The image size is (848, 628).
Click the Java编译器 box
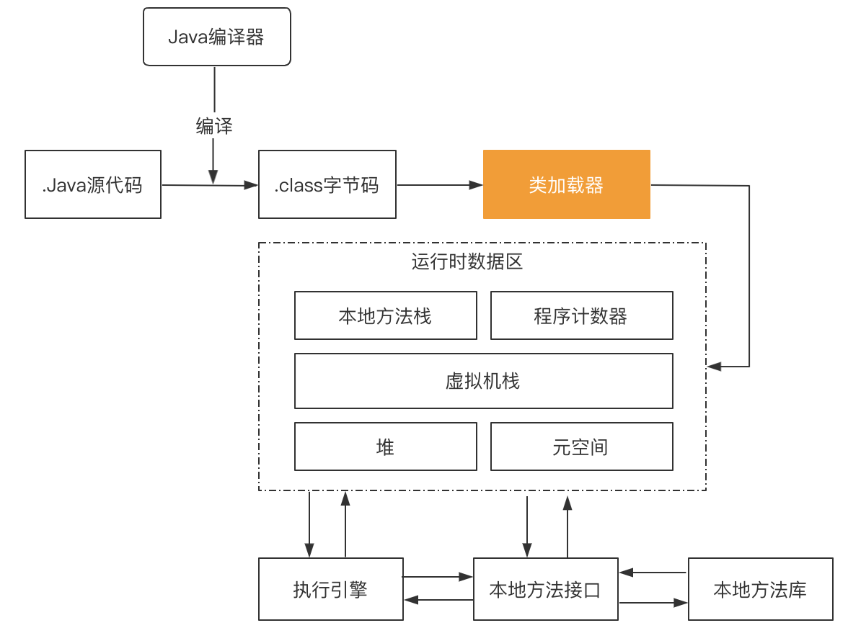[216, 37]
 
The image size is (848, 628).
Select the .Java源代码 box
[93, 184]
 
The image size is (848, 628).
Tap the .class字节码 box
[327, 184]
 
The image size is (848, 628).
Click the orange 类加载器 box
[566, 184]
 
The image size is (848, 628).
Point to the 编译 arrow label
[214, 127]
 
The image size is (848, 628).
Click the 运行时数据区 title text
[467, 261]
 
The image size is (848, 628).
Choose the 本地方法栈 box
[385, 315]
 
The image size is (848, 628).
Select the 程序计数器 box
[581, 315]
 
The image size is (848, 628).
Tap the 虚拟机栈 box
[483, 380]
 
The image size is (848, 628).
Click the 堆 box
[385, 447]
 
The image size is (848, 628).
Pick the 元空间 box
[581, 447]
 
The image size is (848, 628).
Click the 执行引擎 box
[330, 590]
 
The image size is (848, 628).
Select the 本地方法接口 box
[545, 590]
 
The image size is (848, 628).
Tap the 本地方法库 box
[760, 590]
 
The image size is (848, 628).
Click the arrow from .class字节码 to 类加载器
[439, 185]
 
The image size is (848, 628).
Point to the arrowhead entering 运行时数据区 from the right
[714, 367]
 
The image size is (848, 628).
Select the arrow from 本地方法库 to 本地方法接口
[653, 573]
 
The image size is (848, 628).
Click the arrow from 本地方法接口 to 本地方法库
[653, 602]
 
